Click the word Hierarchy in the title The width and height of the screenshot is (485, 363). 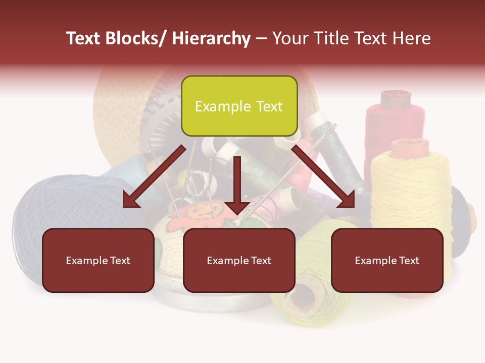click(x=211, y=39)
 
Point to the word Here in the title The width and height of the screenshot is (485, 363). click(x=411, y=39)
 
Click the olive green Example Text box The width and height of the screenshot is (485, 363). click(x=239, y=106)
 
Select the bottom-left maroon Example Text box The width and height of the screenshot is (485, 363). click(x=98, y=260)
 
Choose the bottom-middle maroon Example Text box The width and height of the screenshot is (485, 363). click(x=239, y=260)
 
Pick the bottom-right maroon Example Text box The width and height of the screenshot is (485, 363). click(x=387, y=260)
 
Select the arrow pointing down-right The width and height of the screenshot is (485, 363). click(x=323, y=176)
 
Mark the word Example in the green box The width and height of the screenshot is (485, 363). click(x=223, y=106)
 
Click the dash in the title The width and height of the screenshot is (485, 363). click(x=261, y=39)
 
